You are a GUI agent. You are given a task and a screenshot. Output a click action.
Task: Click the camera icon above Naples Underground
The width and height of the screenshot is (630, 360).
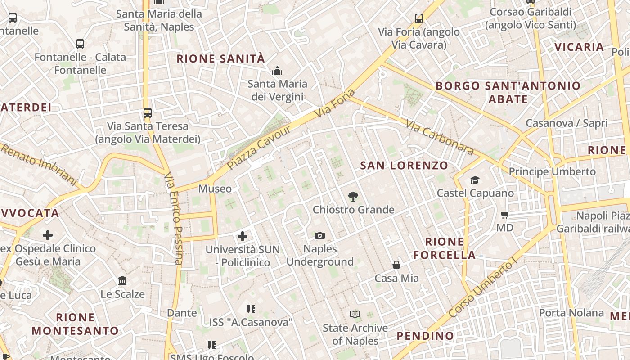[320, 235]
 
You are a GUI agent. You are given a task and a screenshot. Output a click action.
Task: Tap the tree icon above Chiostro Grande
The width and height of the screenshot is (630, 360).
[353, 196]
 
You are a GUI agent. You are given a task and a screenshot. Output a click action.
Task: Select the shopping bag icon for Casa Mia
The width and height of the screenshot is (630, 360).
[396, 265]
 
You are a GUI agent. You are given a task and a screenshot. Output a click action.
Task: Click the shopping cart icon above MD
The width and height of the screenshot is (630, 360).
[505, 215]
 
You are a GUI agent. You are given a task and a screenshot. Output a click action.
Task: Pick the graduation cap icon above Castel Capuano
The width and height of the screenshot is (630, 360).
[475, 180]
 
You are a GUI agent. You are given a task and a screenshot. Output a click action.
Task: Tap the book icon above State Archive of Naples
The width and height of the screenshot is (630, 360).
[355, 314]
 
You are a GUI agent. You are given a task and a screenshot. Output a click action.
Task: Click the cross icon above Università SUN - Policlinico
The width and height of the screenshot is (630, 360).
[243, 236]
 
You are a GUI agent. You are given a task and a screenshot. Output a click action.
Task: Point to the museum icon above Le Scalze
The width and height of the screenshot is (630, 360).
[122, 281]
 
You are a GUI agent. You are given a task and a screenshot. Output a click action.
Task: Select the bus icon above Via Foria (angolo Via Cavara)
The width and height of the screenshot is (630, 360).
[419, 18]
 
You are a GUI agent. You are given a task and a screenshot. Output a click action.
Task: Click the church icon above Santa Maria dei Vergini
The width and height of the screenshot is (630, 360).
[277, 71]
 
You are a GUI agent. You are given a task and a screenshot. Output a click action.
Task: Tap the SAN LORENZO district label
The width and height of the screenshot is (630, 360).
[404, 166]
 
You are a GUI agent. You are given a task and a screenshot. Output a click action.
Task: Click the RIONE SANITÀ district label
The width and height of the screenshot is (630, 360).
[220, 58]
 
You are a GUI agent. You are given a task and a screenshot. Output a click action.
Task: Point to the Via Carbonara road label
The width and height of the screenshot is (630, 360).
[440, 137]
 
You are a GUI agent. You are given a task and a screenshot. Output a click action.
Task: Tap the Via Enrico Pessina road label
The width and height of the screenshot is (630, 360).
[173, 218]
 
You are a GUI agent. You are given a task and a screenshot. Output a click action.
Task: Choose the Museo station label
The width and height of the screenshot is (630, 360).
[215, 189]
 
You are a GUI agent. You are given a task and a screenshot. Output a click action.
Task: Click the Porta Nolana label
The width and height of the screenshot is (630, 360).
[571, 312]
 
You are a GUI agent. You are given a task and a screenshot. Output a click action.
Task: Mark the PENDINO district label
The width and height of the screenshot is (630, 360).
[425, 336]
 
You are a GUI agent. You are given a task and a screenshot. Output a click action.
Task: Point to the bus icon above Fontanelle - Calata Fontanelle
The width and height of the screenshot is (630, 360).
[80, 44]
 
